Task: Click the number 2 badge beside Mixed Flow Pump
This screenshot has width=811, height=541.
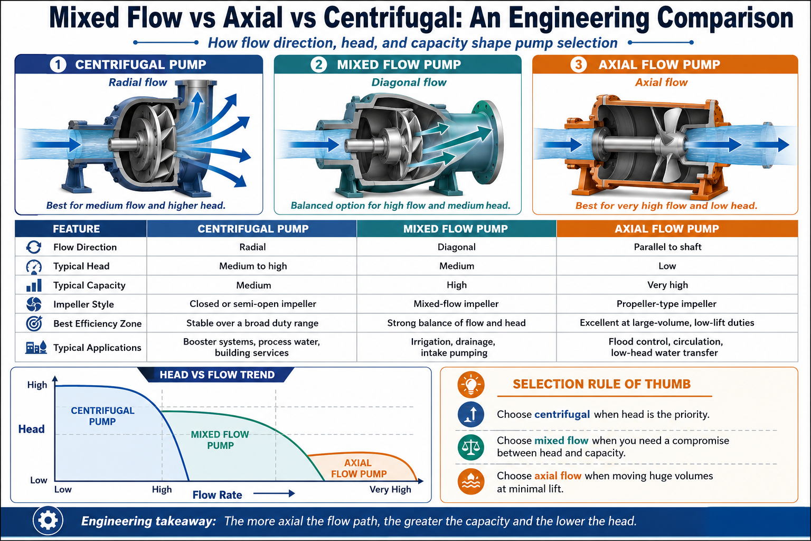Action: coord(318,65)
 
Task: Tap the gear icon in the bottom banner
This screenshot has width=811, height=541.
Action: coord(48,521)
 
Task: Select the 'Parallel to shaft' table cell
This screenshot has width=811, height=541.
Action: coord(667,247)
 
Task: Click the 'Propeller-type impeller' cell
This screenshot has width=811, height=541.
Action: coord(666,304)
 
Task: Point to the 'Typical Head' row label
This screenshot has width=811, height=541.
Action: coord(81,266)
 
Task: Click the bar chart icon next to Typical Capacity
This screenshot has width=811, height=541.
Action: coord(34,285)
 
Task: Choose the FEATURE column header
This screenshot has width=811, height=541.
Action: coord(77,229)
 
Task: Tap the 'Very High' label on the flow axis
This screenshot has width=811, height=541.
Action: coord(390,490)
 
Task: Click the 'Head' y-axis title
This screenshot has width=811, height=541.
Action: coord(32,429)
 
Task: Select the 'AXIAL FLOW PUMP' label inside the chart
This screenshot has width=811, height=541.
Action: coord(359,468)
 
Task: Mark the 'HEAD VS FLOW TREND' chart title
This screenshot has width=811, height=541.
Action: coord(217,375)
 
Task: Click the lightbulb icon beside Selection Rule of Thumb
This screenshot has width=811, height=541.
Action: coord(470,385)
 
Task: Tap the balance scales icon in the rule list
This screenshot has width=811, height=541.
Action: coord(470,447)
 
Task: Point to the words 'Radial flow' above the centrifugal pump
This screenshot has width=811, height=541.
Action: coord(138,82)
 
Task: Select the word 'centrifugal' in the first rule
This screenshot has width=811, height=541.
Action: coord(562,414)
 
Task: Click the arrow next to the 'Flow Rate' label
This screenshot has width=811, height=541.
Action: coord(274,493)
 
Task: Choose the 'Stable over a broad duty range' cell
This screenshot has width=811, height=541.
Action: coord(252,323)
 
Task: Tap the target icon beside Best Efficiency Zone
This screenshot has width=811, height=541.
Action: coord(34,323)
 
